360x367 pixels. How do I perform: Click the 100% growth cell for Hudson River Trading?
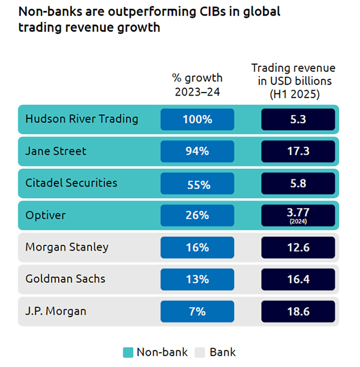click(x=197, y=119)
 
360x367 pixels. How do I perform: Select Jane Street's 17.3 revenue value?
click(x=298, y=151)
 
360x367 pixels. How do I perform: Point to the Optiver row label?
click(x=45, y=215)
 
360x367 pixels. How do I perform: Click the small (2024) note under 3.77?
click(x=298, y=221)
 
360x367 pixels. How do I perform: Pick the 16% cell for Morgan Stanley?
click(x=197, y=247)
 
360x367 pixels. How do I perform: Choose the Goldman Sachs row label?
click(x=65, y=279)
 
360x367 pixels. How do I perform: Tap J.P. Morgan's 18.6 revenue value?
click(x=298, y=311)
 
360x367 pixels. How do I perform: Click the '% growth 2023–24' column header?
click(x=197, y=84)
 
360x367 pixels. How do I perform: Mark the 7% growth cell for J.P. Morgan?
click(x=197, y=311)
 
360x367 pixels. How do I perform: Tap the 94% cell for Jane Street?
click(x=197, y=151)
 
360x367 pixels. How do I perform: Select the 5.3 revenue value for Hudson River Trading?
click(x=298, y=119)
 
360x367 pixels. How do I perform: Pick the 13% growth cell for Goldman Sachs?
click(x=197, y=279)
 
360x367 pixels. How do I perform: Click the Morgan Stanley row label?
click(x=67, y=247)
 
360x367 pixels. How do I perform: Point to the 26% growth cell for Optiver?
click(x=197, y=215)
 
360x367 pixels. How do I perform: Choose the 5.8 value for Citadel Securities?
click(x=298, y=183)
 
